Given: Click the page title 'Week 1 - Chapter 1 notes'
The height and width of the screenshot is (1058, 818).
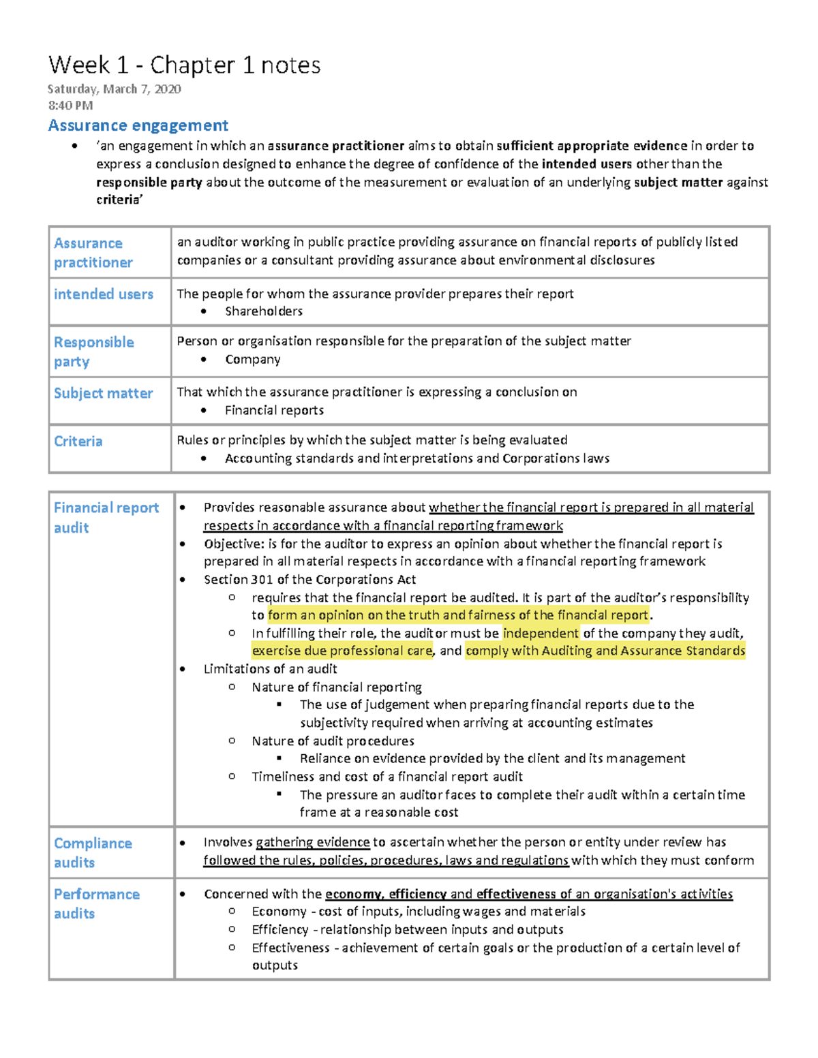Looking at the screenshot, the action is pos(184,65).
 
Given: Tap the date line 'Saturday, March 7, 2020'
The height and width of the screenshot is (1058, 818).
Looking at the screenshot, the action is pos(114,89).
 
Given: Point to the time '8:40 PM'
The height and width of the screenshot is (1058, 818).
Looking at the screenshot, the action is pos(70,106).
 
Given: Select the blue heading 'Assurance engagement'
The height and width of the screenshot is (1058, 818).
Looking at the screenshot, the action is pos(138,125).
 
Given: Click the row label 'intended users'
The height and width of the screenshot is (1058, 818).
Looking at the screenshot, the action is pos(104,294).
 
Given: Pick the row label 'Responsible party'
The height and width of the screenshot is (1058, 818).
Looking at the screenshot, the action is pos(93,352).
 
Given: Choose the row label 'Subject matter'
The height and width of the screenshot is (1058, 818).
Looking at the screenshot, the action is pos(103,393).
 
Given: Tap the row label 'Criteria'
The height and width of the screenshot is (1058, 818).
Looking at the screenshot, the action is pos(78,441).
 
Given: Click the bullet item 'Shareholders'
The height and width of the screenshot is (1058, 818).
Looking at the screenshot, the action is pos(263,311).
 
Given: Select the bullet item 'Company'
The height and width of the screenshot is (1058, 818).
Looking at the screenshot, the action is pos(252,360).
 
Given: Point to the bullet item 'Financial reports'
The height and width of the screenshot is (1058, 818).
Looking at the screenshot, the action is pos(274,410).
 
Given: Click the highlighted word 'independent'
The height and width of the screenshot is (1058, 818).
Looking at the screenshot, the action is pos(541,633).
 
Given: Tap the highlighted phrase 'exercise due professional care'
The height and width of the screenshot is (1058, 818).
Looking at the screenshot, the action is pos(342,651).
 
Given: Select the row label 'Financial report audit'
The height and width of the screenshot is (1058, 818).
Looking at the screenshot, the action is pos(106,517).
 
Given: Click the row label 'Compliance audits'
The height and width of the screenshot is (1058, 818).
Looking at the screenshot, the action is pos(93,852).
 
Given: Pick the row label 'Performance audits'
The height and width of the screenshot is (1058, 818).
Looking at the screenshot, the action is pos(96,903).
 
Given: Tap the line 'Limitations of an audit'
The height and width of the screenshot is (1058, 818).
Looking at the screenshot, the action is pos(270,669).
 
